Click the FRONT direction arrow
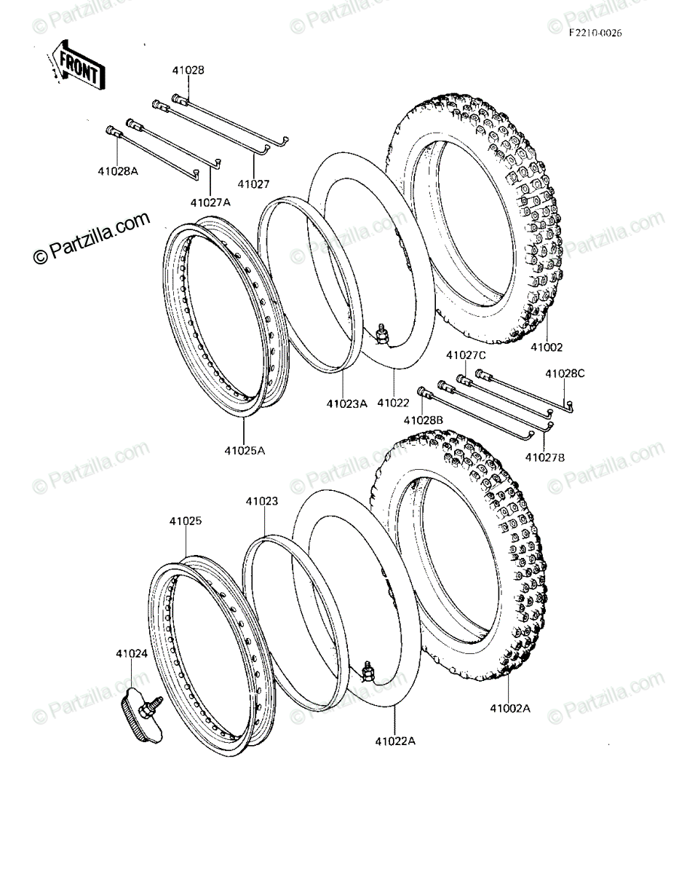click(76, 66)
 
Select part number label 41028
click(188, 70)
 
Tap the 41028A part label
click(118, 171)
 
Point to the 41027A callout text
click(210, 202)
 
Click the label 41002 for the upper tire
click(547, 347)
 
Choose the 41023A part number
click(346, 403)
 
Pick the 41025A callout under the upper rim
click(245, 450)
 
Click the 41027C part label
click(466, 355)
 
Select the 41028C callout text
click(565, 374)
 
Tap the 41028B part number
click(424, 420)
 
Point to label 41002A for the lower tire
click(510, 708)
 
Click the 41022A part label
click(395, 741)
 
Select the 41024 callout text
click(132, 654)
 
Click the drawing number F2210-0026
click(595, 34)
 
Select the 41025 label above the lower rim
click(186, 521)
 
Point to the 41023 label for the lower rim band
click(262, 502)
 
